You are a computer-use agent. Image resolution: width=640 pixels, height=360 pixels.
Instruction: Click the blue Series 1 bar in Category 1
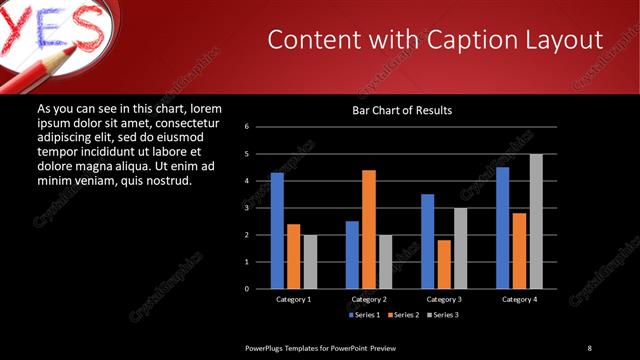pyautogui.click(x=277, y=231)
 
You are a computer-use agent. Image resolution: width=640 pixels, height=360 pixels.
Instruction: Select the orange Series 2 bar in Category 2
pyautogui.click(x=369, y=229)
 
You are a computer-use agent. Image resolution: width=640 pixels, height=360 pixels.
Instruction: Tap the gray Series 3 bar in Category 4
pyautogui.click(x=536, y=221)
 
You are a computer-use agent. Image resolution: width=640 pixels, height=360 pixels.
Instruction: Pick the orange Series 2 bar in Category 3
pyautogui.click(x=444, y=264)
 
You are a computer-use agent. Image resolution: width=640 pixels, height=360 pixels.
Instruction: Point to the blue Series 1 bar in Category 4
pyautogui.click(x=503, y=228)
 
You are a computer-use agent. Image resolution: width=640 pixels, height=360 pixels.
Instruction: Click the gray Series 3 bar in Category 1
pyautogui.click(x=310, y=262)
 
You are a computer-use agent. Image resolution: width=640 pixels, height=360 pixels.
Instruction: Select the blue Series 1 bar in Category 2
pyautogui.click(x=352, y=255)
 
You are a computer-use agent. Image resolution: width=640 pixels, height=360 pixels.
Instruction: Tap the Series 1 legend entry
pyautogui.click(x=366, y=315)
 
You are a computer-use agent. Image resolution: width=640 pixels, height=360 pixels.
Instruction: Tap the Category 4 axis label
pyautogui.click(x=519, y=299)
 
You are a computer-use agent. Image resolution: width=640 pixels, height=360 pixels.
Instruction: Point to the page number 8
pyautogui.click(x=589, y=347)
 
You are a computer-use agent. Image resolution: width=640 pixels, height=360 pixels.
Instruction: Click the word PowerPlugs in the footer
pyautogui.click(x=264, y=347)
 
